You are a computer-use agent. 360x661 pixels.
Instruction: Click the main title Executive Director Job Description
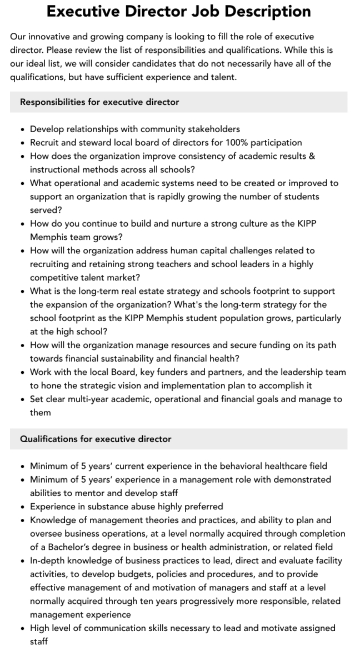coord(179,11)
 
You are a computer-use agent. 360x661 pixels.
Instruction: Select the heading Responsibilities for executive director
coord(99,102)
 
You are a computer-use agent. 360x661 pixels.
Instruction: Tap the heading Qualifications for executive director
coord(96,439)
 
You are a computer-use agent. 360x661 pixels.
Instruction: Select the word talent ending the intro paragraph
coord(221,77)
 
